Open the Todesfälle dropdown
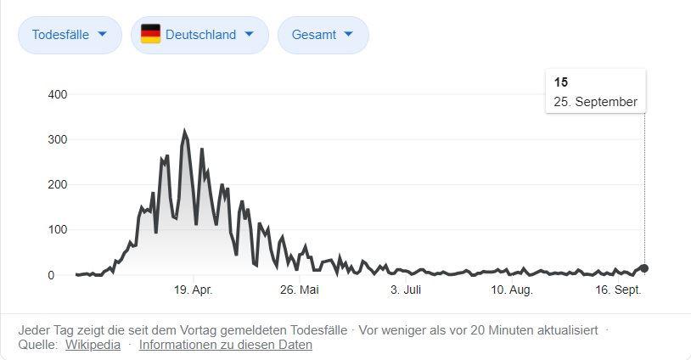click(70, 35)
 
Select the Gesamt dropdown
click(323, 35)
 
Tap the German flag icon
click(150, 34)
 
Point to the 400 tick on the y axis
click(58, 94)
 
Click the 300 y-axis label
click(58, 139)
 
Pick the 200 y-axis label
click(58, 184)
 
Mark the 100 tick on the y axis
click(58, 230)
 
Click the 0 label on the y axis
click(51, 275)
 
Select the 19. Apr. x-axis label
click(194, 290)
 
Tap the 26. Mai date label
click(300, 290)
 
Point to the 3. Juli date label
click(406, 290)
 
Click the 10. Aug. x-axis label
click(512, 290)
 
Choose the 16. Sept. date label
click(617, 290)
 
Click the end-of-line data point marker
click(644, 268)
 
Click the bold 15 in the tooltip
click(561, 82)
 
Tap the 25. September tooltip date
click(595, 102)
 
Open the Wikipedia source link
click(93, 345)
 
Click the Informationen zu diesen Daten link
click(226, 345)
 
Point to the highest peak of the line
click(184, 132)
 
